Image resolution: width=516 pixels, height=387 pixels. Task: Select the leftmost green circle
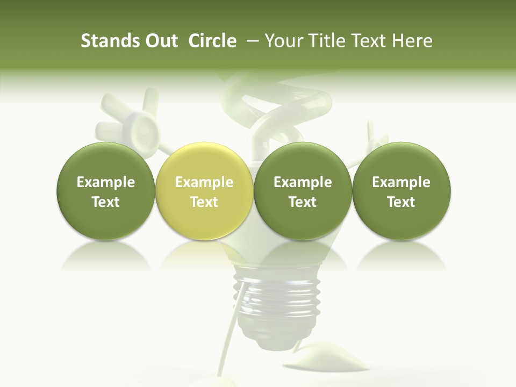(x=106, y=191)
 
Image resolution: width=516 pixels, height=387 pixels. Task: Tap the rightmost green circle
(x=401, y=191)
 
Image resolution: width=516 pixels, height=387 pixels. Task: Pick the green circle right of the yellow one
(x=303, y=191)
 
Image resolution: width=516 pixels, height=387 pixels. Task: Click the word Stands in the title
(x=109, y=41)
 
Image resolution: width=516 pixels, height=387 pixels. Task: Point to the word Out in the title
(x=160, y=41)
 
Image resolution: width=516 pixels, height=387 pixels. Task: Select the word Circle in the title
(x=212, y=41)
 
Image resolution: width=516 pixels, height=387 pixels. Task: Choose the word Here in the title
(x=413, y=41)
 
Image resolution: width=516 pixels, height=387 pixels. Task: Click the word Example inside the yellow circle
(x=204, y=182)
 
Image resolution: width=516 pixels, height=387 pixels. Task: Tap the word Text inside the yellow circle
(x=204, y=202)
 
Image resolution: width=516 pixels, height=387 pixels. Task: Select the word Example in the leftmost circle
(x=106, y=182)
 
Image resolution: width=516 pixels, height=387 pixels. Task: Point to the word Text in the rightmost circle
(x=401, y=202)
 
